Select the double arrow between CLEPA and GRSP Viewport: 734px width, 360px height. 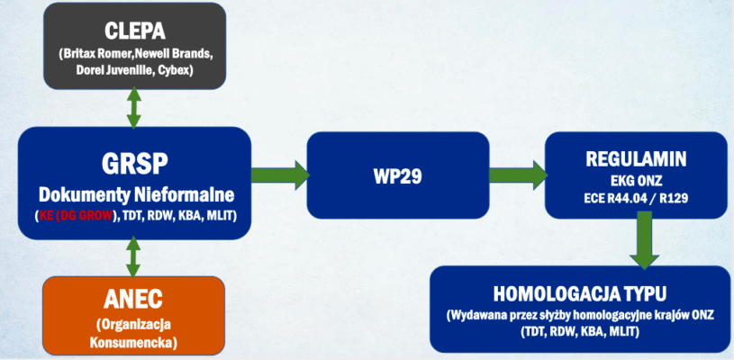[133, 107]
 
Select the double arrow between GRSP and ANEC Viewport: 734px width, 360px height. [133, 256]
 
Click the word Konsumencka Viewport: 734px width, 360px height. [133, 342]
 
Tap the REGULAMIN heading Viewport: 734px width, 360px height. [635, 160]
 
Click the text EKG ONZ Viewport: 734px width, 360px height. [635, 180]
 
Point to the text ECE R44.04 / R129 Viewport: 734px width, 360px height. [635, 196]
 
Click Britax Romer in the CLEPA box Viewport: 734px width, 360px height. [97, 54]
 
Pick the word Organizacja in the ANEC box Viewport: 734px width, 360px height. [133, 324]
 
